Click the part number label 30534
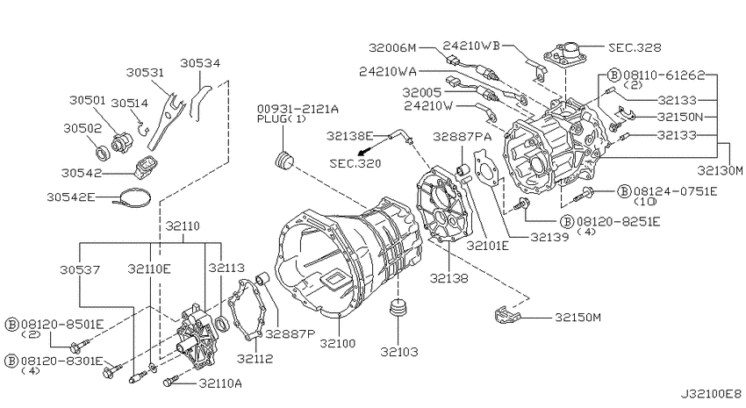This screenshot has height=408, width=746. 200,63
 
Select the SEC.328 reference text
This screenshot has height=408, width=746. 635,47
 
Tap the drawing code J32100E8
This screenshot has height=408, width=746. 711,394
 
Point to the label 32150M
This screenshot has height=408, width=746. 577,317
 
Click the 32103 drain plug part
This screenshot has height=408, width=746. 398,309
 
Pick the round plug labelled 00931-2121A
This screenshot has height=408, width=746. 284,160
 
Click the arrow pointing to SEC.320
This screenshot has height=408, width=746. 374,146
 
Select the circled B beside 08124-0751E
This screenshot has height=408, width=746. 624,191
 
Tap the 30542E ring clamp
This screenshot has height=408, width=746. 134,197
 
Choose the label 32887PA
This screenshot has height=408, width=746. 462,138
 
